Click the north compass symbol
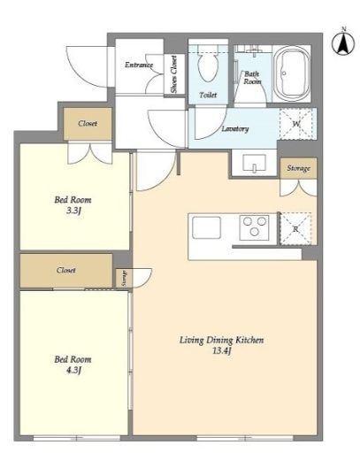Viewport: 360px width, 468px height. tap(343, 42)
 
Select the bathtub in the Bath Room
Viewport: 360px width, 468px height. tap(292, 73)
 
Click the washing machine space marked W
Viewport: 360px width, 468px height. tap(296, 124)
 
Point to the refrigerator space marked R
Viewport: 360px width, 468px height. tap(295, 229)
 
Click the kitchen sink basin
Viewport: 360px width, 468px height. tap(206, 227)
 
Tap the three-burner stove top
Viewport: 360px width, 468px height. tap(255, 227)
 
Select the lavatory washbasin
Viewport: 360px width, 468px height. tap(254, 163)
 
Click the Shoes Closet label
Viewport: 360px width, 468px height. tap(173, 73)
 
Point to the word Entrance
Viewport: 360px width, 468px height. tap(139, 65)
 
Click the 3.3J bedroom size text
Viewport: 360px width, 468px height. tap(73, 211)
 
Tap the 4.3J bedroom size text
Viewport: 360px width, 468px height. tap(73, 370)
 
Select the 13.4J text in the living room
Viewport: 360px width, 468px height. tap(222, 350)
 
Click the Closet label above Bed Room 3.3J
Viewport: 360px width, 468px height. tap(88, 123)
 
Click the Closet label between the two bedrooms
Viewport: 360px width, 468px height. tap(66, 270)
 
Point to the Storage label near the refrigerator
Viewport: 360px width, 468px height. tap(298, 168)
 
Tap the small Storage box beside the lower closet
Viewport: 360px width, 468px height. tap(124, 278)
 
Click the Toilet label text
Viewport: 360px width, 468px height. tap(208, 95)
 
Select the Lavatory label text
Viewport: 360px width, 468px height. tap(235, 129)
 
